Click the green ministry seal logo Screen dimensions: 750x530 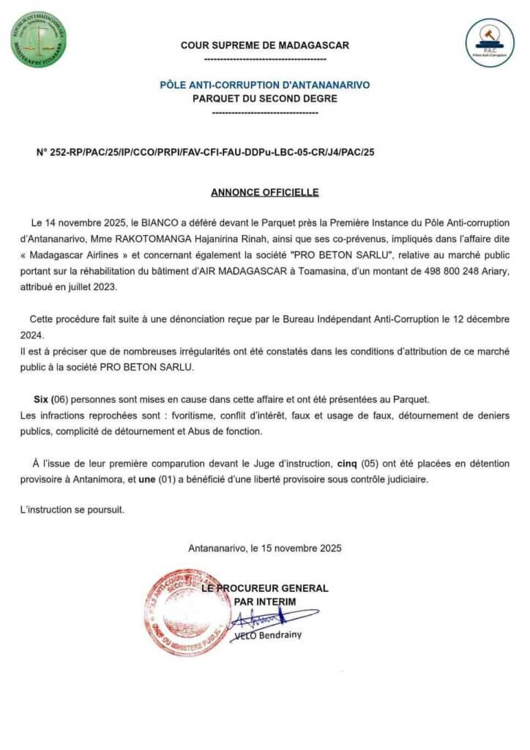point(38,40)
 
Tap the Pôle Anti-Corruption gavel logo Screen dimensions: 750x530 point(490,42)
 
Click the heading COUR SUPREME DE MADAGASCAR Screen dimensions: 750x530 point(264,45)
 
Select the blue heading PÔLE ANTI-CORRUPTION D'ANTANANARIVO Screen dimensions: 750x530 point(264,85)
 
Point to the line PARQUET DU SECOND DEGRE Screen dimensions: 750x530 point(264,98)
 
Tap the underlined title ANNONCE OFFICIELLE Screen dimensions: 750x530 point(264,193)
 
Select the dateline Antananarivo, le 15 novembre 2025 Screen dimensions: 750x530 point(264,547)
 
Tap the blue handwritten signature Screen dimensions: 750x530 point(271,619)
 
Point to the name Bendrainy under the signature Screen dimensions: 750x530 point(280,636)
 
